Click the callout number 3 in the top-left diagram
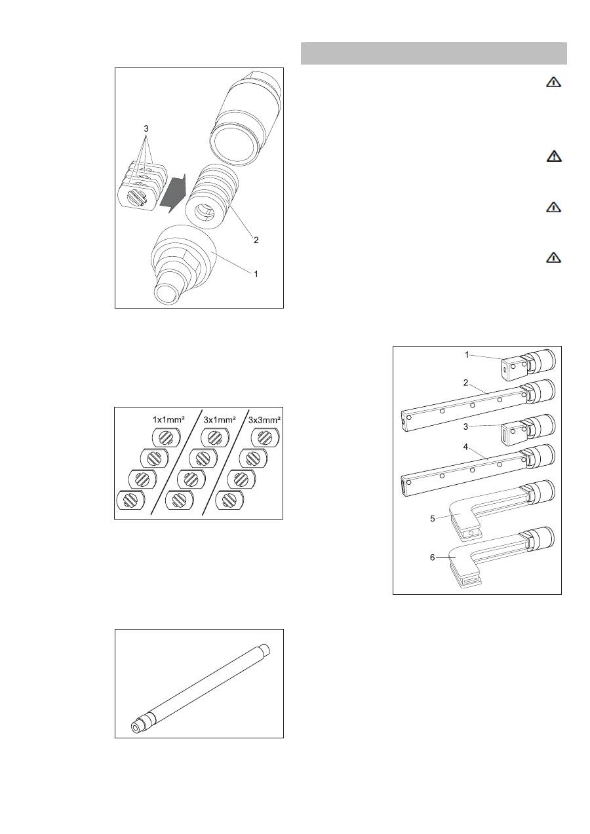click(146, 128)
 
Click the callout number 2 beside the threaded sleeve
click(256, 240)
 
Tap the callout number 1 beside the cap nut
click(256, 274)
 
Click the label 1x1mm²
click(168, 419)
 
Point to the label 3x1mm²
click(220, 419)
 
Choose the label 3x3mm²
click(264, 420)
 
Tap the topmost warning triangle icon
click(553, 82)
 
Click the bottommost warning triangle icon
click(553, 257)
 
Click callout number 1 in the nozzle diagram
click(467, 355)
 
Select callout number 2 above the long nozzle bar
click(465, 383)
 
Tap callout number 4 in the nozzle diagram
click(465, 447)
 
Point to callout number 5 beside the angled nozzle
click(433, 519)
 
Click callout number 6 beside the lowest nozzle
click(433, 558)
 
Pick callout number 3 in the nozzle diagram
click(465, 426)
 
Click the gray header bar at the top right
click(434, 53)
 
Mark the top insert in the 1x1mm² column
click(166, 437)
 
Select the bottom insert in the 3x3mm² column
click(229, 500)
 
